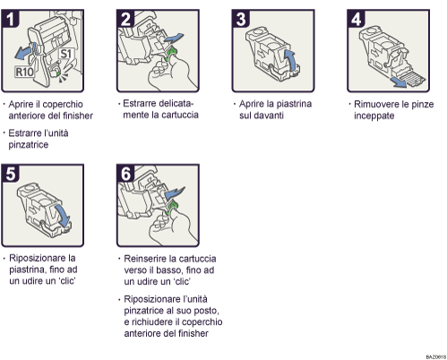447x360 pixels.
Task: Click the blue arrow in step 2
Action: [x=179, y=35]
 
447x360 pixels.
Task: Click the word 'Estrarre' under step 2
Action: [x=142, y=103]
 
